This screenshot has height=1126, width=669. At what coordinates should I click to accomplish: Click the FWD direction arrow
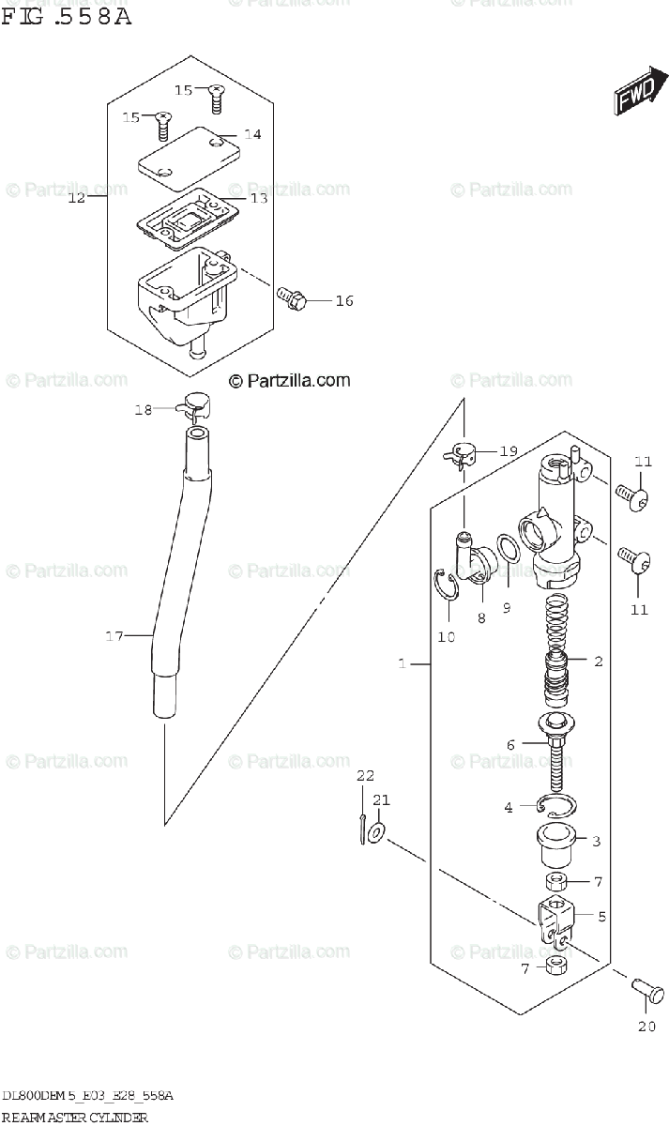click(637, 90)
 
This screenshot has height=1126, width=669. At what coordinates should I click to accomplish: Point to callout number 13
click(258, 199)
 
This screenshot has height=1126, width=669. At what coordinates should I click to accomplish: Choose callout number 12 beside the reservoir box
click(77, 198)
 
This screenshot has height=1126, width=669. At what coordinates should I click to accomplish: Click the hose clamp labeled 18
click(196, 405)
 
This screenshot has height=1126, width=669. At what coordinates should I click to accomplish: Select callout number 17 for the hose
click(114, 637)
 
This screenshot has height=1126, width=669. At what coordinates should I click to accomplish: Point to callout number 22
click(364, 775)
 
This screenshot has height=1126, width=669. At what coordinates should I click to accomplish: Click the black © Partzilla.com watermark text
click(290, 380)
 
